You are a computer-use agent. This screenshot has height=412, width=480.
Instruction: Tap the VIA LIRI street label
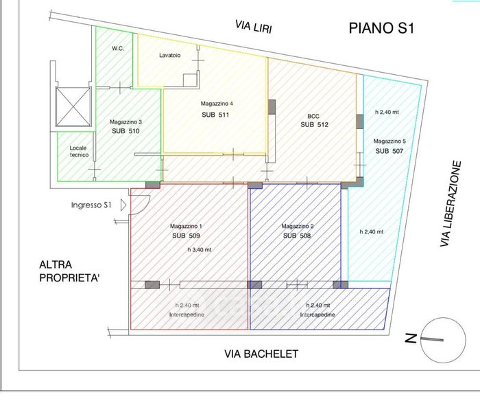(252, 25)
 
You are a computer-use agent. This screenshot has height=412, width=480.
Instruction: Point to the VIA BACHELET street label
(261, 354)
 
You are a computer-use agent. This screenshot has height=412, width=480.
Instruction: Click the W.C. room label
(117, 49)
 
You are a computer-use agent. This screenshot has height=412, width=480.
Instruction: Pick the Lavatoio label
(169, 56)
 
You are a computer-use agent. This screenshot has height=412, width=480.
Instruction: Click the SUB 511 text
(215, 115)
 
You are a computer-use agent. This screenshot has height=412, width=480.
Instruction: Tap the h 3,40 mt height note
(200, 250)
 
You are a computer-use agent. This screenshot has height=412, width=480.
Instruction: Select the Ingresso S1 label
(91, 205)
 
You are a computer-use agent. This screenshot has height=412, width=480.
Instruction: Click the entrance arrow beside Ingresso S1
(123, 205)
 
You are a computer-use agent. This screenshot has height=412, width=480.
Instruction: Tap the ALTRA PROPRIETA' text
(65, 271)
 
